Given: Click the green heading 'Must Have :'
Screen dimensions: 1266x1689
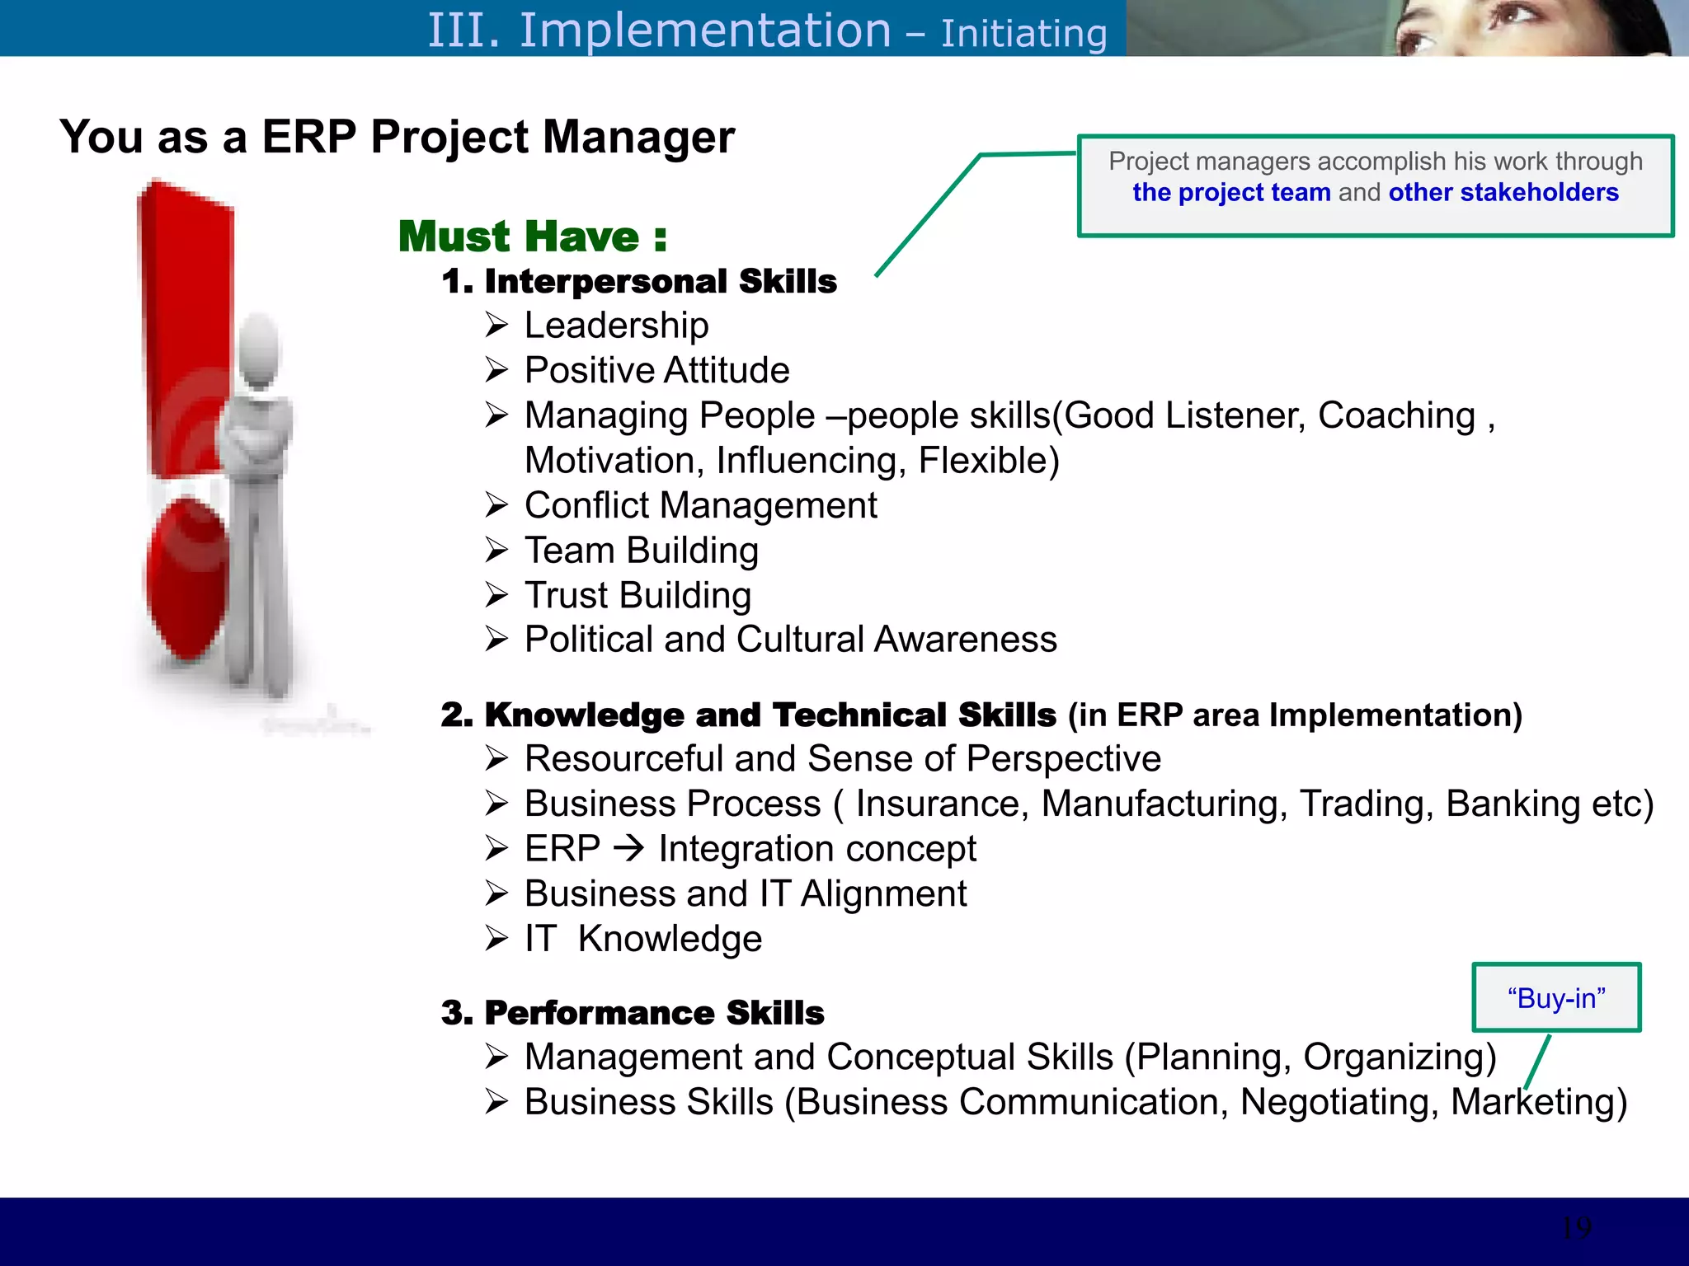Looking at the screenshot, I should [532, 237].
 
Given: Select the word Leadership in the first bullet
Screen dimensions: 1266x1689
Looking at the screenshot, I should [616, 326].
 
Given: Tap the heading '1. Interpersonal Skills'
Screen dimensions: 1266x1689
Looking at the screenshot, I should [639, 281].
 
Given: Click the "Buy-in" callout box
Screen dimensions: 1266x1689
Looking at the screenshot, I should [1556, 997].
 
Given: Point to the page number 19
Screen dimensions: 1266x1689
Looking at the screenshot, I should [1576, 1228].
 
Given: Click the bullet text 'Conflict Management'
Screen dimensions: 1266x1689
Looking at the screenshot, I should [700, 505].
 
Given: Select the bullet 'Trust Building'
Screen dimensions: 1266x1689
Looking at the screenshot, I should [637, 595].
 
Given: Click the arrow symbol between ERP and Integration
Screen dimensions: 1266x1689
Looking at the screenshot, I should [630, 847].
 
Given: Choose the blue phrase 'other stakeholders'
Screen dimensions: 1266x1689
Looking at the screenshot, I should [1503, 192].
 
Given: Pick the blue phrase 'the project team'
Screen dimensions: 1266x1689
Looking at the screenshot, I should [1231, 192].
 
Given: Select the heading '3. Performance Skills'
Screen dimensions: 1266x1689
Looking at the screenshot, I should [633, 1013].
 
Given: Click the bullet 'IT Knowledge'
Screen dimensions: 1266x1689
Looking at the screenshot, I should [642, 939].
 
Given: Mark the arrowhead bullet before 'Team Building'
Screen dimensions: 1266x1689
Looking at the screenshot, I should [496, 550].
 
